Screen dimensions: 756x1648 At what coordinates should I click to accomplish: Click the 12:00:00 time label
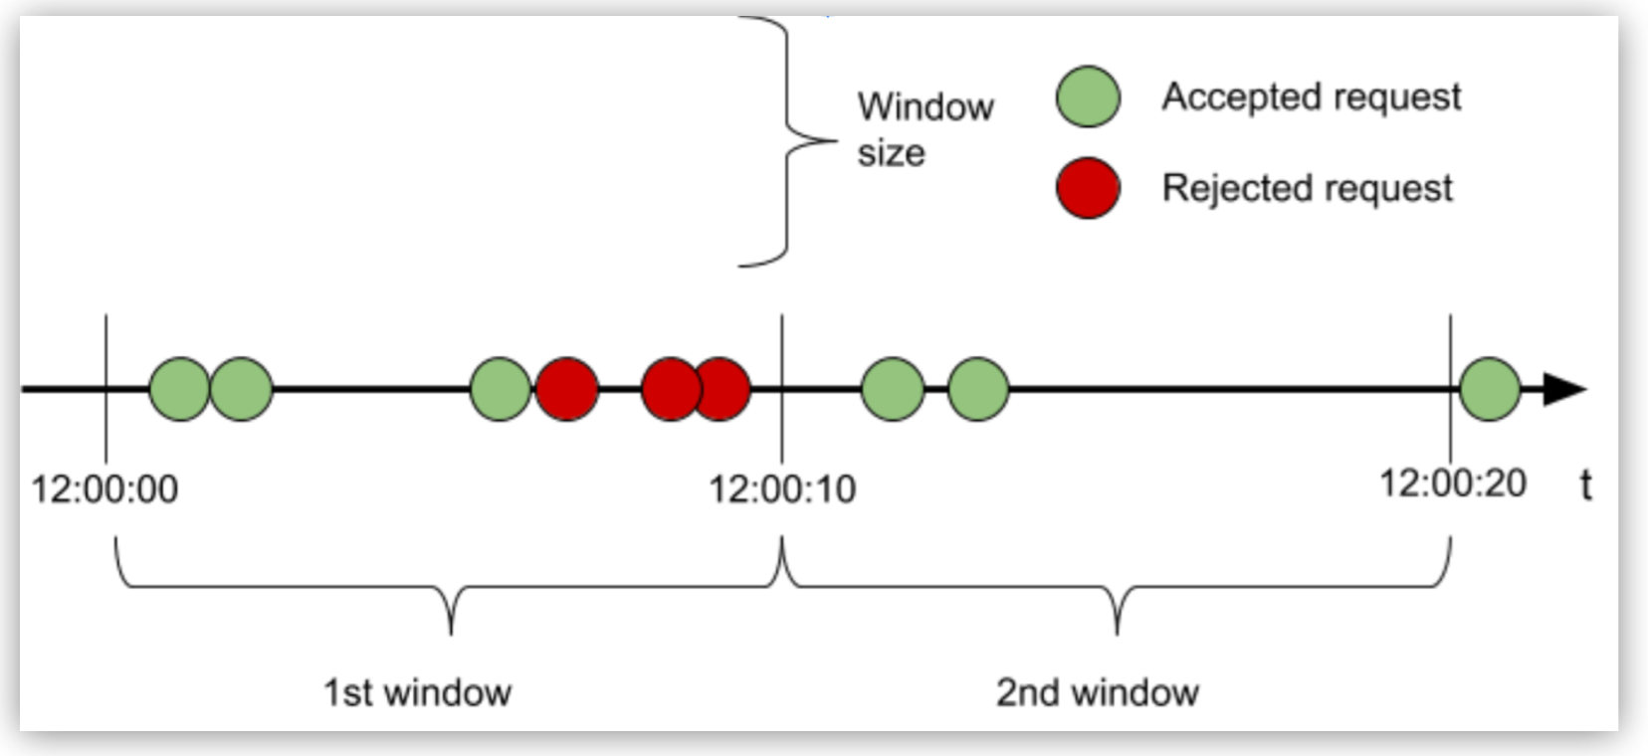[104, 489]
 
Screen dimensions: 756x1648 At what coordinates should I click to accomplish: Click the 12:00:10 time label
[781, 489]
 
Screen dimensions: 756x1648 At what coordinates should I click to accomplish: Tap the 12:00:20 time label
[1452, 483]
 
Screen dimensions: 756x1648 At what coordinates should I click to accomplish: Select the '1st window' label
[417, 691]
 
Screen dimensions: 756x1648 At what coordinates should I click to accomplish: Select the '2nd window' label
[1097, 691]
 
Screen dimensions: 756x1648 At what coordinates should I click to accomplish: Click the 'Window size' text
[925, 129]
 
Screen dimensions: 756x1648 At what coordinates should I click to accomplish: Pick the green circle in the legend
[1088, 97]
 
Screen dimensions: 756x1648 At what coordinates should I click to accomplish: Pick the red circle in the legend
[1088, 187]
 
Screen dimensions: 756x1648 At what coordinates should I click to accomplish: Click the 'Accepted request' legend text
[1311, 96]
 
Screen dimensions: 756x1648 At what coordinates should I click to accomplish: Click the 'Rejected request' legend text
[1307, 187]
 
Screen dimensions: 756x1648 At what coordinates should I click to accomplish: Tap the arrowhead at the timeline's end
[1563, 389]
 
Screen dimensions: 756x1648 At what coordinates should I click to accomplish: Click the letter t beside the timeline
[1585, 485]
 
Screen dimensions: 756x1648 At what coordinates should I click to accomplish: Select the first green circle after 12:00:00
[179, 389]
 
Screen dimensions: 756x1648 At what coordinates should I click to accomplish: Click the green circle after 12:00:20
[1490, 389]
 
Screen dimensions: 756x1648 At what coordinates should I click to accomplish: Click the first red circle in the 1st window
[566, 389]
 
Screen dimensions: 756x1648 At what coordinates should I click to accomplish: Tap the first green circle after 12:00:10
[892, 389]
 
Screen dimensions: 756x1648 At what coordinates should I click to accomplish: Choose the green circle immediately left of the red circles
[500, 389]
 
